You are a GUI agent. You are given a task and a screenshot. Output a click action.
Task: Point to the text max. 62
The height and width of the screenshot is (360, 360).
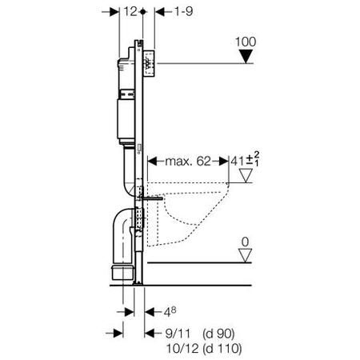click(x=189, y=162)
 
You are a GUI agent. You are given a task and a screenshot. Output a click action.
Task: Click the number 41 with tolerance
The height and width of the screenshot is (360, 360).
click(x=236, y=161)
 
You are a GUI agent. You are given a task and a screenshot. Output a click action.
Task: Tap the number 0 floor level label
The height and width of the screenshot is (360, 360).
click(x=246, y=240)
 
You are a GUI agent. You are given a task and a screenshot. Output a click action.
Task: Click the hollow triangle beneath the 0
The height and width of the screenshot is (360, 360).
click(x=246, y=255)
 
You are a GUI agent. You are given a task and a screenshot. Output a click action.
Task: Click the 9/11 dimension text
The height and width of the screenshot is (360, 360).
click(x=167, y=328)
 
